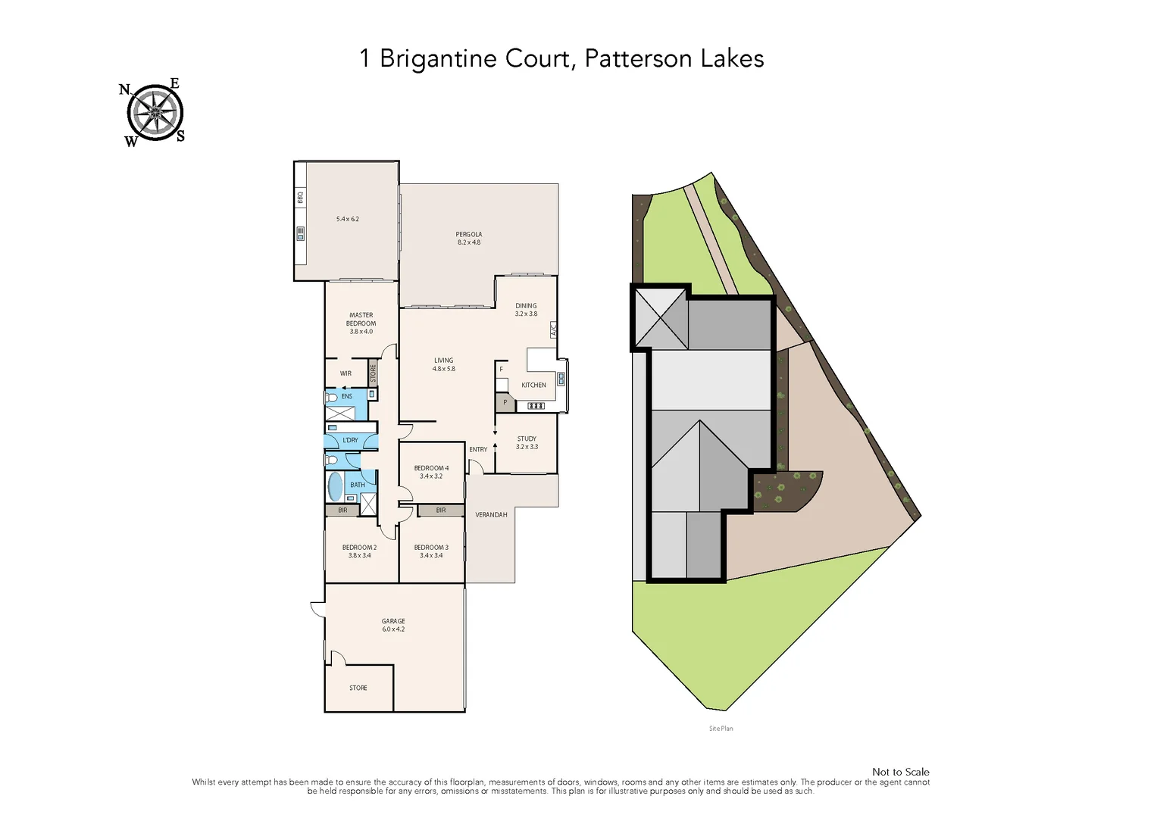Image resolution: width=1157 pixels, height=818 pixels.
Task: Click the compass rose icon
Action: tap(155, 113)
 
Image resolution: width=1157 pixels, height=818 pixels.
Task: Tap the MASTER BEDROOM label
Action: tap(361, 323)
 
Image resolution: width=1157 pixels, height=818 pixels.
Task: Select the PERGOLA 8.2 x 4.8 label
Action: tap(468, 238)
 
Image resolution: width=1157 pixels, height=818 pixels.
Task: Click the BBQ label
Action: tap(300, 197)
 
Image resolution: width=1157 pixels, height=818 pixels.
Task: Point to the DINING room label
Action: tap(526, 310)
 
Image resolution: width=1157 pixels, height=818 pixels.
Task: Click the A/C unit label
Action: tap(553, 329)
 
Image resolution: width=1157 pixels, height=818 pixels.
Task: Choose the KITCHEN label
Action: tap(533, 385)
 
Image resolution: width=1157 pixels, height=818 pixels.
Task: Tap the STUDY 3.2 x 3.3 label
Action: tap(527, 442)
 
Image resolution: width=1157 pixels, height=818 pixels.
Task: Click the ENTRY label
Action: tap(478, 449)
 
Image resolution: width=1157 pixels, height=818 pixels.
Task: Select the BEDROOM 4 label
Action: tap(431, 472)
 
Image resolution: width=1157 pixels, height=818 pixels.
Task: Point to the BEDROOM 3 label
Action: tap(431, 551)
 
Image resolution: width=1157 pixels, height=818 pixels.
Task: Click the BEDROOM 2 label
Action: tap(359, 551)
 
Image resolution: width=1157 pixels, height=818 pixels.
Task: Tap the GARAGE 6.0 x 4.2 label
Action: tap(393, 625)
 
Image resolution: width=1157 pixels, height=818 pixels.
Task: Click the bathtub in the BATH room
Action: tap(335, 486)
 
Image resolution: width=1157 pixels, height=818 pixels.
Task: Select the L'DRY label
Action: tap(350, 440)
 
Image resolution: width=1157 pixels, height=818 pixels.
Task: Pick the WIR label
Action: tap(346, 373)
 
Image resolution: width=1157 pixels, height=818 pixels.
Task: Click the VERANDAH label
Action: tap(491, 514)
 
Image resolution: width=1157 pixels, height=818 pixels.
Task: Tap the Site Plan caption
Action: tap(721, 729)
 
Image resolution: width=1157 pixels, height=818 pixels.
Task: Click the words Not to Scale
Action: tap(900, 772)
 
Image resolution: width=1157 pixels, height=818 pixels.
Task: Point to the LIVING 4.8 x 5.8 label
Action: tap(443, 364)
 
